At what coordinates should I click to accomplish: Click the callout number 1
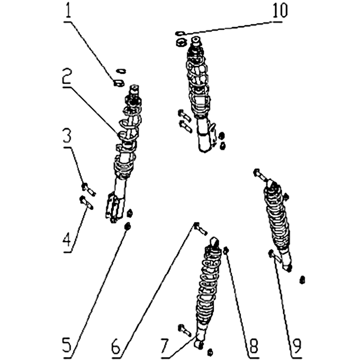click(68, 11)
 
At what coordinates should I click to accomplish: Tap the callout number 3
click(67, 136)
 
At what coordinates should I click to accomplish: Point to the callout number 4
click(67, 241)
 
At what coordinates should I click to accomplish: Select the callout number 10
click(280, 10)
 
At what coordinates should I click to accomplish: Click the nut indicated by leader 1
click(119, 83)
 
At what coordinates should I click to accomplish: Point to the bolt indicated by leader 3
click(88, 189)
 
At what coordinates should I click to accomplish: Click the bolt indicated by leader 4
click(86, 203)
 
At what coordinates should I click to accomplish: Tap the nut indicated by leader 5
click(128, 226)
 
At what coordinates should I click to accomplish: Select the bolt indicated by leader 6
click(200, 229)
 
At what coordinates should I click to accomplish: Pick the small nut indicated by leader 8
click(226, 251)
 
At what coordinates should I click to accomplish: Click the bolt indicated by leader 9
click(275, 256)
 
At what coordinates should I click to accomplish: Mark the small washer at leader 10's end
click(180, 33)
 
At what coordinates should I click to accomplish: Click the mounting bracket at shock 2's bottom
click(114, 208)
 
